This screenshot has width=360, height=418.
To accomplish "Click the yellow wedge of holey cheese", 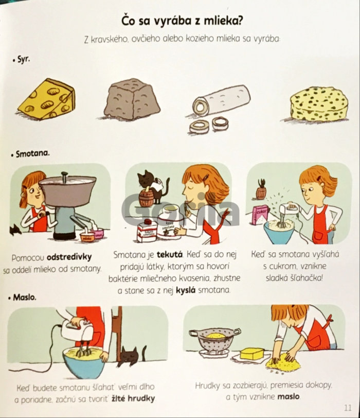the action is click(47, 99).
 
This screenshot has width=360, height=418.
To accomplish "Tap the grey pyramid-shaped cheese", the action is click(132, 99).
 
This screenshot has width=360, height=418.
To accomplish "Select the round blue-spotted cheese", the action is click(319, 104).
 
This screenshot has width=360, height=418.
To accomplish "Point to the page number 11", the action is click(348, 407).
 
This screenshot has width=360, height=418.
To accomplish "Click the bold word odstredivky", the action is click(69, 257).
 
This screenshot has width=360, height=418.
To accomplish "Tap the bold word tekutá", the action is click(170, 255).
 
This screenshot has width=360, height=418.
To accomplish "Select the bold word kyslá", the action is click(186, 290).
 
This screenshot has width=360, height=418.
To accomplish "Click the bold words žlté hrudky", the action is click(133, 398).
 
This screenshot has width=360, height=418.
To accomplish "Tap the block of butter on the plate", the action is click(251, 354).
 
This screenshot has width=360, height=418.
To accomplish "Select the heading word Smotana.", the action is click(32, 154).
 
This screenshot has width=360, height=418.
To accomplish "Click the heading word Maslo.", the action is click(25, 297).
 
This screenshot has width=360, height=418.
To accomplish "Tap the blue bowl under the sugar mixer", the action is click(280, 233).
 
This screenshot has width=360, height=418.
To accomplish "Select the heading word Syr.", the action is click(24, 59).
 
